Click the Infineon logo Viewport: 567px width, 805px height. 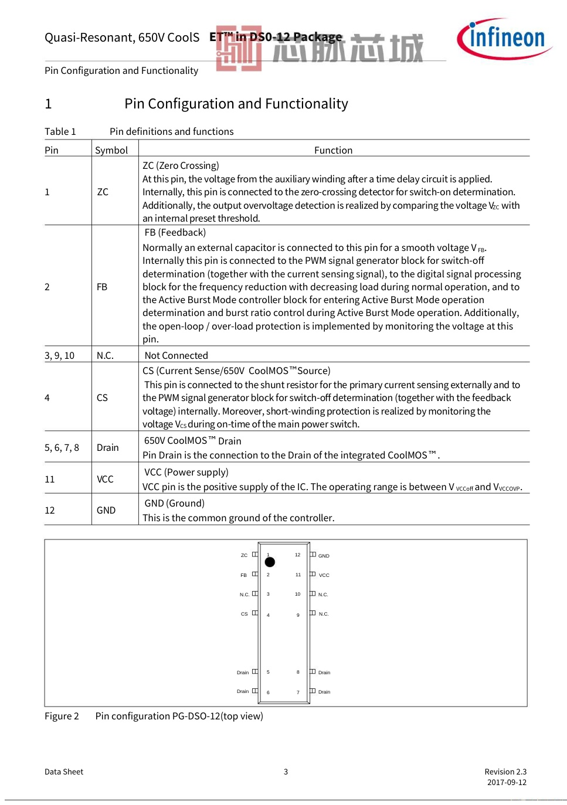pos(504,39)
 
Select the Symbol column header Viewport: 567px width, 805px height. pos(111,150)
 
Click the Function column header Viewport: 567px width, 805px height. pos(333,150)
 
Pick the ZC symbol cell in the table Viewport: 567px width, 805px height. pos(103,192)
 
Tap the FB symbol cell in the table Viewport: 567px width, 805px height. pos(102,287)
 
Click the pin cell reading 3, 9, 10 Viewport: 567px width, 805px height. pos(60,355)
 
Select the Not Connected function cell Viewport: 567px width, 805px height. pos(176,355)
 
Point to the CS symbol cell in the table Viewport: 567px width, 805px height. pos(102,398)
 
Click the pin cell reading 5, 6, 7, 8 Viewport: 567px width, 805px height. pos(62,447)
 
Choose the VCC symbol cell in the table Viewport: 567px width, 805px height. pos(105,479)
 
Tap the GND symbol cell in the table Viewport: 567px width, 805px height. pos(106,510)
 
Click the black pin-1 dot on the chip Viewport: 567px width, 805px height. pos(270,562)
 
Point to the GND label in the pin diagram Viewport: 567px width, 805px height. pos(324,556)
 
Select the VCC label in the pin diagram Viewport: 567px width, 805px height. pos(324,575)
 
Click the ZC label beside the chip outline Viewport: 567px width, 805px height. pos(244,555)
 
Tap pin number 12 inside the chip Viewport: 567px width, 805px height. pos(297,555)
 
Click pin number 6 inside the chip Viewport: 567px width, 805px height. pos(269,692)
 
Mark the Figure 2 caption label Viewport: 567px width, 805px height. pos(62,716)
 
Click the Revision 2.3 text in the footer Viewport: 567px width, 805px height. pos(505,772)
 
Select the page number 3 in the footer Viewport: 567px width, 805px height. pos(286,772)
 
